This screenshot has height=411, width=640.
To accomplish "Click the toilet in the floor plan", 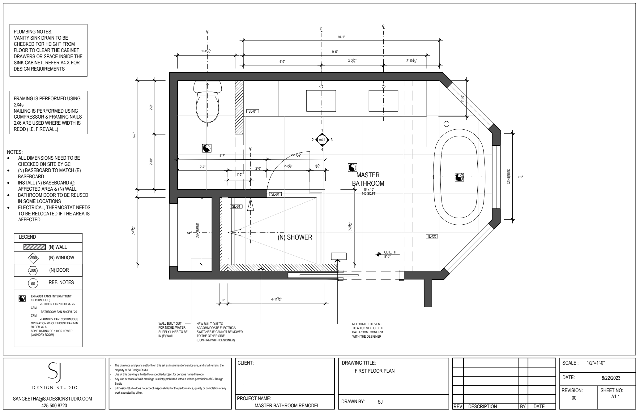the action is coord(207,102).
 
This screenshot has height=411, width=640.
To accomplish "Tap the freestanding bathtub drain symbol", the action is coord(459,177).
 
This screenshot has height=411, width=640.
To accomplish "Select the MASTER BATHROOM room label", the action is coord(368,179).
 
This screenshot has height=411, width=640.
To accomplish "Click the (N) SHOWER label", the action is coord(295,237).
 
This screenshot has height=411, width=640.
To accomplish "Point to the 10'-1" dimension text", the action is coord(341,37).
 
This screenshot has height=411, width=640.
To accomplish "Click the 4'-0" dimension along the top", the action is coord(282,62).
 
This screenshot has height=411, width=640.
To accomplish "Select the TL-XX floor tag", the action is coord(432,236).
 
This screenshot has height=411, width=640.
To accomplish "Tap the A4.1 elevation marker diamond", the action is coord(322,140).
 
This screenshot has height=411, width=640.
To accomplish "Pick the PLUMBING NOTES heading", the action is coord(33,32).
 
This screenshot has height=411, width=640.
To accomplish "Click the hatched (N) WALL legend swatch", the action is coord(35,247).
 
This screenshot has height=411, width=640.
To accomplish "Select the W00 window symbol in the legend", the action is coord(33,258).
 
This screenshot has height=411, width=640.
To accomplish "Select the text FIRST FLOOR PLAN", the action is coord(374,371).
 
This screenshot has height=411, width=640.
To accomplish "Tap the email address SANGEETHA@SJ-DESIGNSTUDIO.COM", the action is coord(53,399).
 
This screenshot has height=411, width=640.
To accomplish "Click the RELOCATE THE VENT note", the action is coord(368,330).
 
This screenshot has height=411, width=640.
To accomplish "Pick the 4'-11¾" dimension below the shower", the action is coord(276,299).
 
